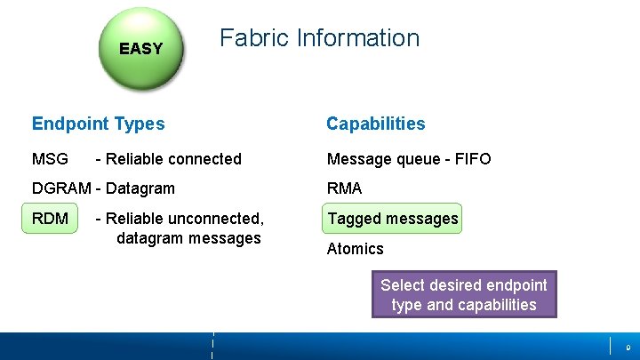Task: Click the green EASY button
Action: click(141, 48)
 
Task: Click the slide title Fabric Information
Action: click(319, 38)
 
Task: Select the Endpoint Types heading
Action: click(98, 124)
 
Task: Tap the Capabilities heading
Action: click(375, 124)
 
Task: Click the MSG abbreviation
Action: click(50, 159)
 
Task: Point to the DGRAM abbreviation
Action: click(61, 188)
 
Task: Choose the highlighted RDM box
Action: click(51, 219)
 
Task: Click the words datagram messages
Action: click(188, 238)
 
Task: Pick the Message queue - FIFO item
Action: click(408, 159)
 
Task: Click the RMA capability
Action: click(344, 188)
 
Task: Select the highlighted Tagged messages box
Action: click(392, 219)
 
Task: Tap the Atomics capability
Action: click(355, 249)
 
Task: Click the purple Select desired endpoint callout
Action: click(464, 295)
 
